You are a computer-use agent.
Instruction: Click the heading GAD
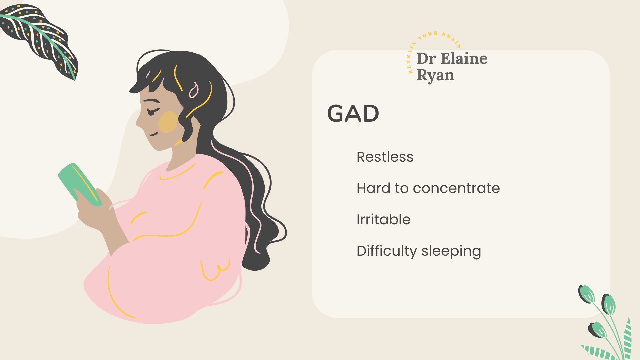point(353,113)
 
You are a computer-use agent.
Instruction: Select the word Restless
point(385,157)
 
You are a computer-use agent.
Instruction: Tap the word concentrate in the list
point(456,188)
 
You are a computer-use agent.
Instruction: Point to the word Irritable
point(383,219)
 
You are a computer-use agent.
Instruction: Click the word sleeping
point(451,251)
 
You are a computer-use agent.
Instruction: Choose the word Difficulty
point(387,251)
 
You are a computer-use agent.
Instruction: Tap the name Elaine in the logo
point(464,59)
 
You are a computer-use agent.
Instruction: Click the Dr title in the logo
point(426,59)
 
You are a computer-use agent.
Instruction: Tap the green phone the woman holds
point(79,184)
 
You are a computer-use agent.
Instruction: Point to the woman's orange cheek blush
point(168,122)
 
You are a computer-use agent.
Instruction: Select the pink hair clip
point(194,90)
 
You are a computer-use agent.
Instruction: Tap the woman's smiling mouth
point(154,134)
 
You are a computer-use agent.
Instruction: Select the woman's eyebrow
point(151,101)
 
